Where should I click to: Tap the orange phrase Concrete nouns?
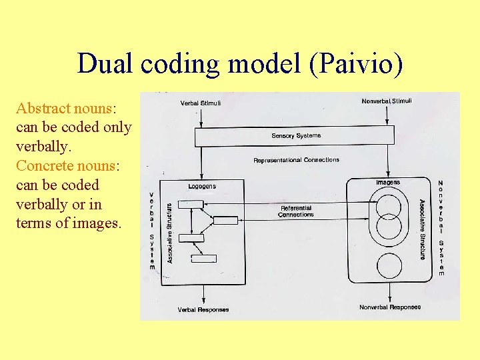click(64, 165)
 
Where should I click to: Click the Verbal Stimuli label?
click(201, 103)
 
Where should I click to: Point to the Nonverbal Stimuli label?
click(387, 101)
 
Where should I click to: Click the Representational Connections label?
click(296, 160)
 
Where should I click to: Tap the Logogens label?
click(202, 186)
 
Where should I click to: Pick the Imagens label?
click(388, 182)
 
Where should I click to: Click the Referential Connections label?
click(296, 211)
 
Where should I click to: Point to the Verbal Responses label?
click(203, 309)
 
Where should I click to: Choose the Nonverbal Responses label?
click(390, 307)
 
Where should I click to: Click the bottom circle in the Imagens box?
click(390, 265)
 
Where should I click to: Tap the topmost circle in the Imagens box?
click(389, 203)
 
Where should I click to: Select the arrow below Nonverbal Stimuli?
click(388, 116)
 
